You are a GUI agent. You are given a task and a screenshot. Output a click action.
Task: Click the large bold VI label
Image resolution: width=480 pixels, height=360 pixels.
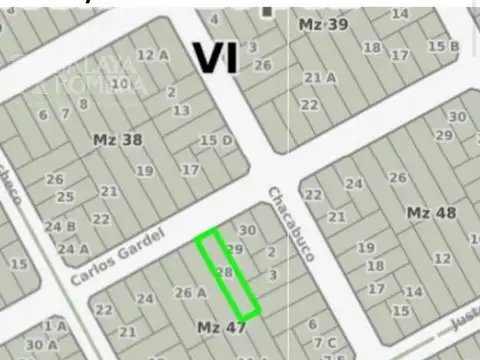point(215,57)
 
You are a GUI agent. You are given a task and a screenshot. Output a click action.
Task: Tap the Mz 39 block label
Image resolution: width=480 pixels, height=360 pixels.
point(324,24)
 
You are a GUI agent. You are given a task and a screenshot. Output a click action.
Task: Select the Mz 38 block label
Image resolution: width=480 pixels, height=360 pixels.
point(117,140)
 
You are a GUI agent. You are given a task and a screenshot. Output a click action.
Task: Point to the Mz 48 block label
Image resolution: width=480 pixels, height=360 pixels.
point(432,212)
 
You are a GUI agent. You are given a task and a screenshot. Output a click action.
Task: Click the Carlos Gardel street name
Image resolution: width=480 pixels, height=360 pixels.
point(109,258)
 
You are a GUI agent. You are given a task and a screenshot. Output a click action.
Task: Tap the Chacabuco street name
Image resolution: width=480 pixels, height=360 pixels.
point(290,222)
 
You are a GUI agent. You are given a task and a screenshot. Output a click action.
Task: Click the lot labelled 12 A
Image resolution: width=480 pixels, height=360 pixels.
point(152,55)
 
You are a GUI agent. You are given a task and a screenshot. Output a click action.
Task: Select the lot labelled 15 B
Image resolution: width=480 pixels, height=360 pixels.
point(443,46)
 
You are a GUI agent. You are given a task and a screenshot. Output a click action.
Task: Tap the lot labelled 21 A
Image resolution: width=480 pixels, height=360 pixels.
point(319,77)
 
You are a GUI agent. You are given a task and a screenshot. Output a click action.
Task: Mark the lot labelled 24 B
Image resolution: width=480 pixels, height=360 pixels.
point(53,226)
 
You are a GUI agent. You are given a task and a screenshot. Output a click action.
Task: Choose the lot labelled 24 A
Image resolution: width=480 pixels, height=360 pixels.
point(73,249)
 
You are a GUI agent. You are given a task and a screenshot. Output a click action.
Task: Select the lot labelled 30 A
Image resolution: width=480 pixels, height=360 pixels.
point(41,345)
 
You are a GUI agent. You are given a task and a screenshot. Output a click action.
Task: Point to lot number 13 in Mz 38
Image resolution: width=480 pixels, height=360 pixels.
point(181,110)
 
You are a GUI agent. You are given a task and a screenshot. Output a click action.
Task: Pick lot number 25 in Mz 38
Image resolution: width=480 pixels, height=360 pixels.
point(65,196)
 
